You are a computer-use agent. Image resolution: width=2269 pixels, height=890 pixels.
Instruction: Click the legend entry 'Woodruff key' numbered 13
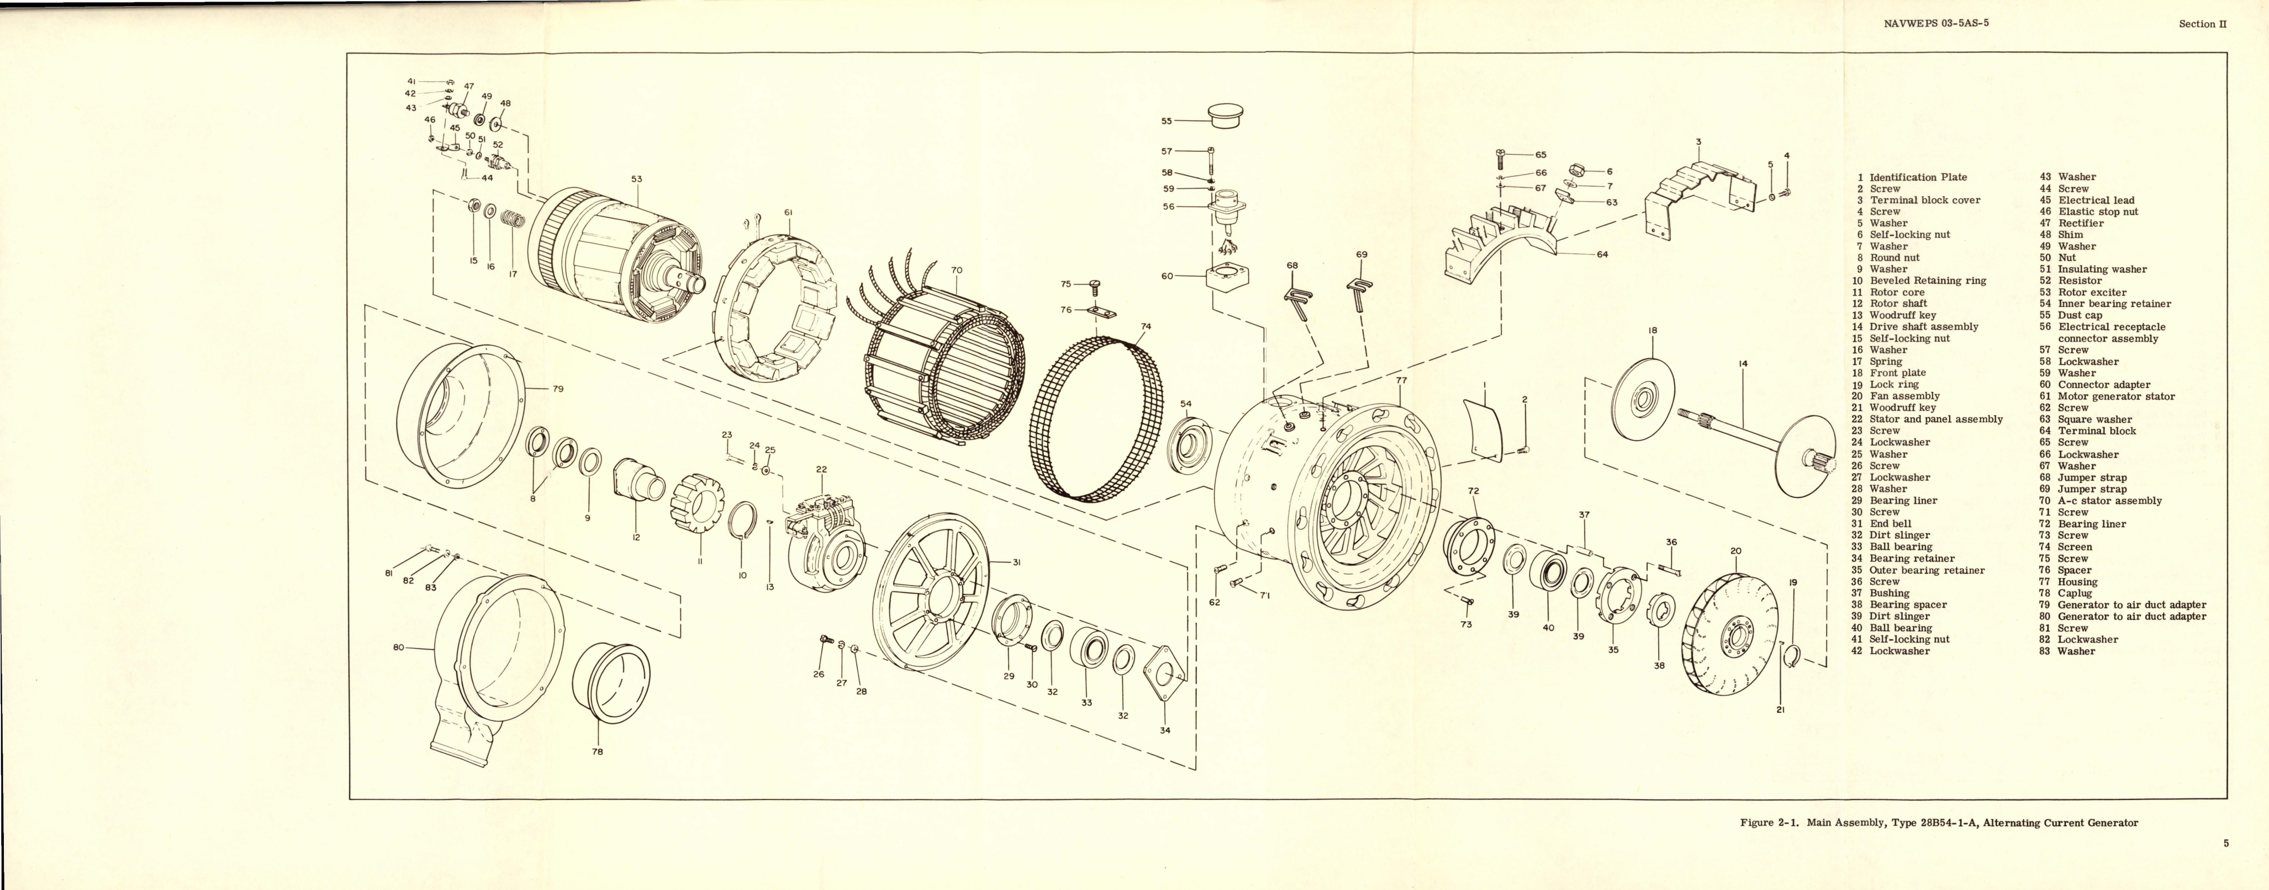click(x=1903, y=315)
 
